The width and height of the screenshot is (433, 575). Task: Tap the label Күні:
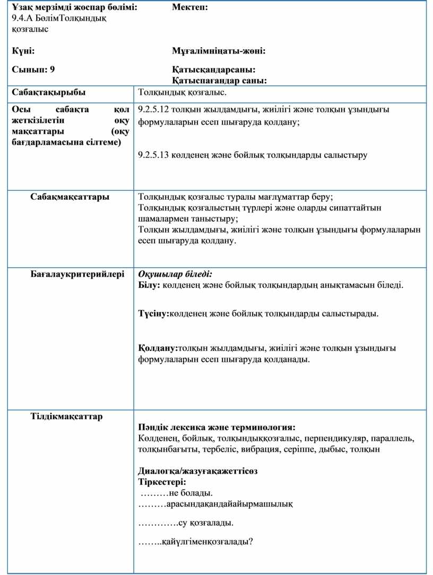click(x=23, y=51)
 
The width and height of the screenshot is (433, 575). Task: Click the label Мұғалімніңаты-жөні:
click(x=219, y=51)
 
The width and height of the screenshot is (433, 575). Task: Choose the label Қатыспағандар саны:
click(x=219, y=81)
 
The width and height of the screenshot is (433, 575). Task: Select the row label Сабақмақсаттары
click(x=70, y=197)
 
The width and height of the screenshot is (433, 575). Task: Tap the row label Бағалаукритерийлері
click(x=77, y=275)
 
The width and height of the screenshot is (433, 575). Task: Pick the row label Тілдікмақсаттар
click(x=66, y=416)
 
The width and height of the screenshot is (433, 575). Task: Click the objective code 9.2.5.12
click(x=153, y=110)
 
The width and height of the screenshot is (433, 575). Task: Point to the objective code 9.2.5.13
click(x=153, y=155)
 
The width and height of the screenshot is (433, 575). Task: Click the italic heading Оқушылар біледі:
click(x=175, y=275)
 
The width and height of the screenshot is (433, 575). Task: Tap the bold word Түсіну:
click(x=153, y=314)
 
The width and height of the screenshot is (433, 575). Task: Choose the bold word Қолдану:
click(x=158, y=348)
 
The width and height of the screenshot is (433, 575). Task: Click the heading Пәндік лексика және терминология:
click(x=216, y=427)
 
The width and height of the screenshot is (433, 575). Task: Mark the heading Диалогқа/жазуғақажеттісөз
click(x=197, y=471)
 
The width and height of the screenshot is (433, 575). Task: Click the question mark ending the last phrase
click(x=249, y=541)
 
